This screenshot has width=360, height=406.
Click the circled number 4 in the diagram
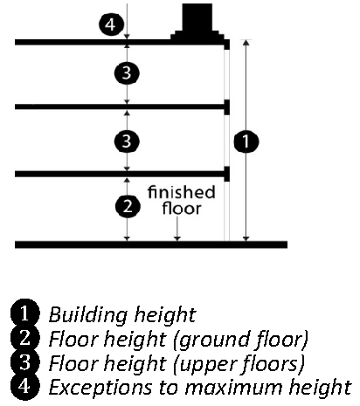[111, 24]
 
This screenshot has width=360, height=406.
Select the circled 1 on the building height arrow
[246, 141]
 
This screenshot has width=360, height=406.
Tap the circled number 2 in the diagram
[128, 206]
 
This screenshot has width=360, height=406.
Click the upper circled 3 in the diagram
[127, 72]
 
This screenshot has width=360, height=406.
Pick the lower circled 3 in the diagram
[127, 141]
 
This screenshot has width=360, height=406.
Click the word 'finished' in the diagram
[182, 192]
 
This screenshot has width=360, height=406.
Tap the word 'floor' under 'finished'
[182, 209]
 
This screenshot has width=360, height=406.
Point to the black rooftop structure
[197, 23]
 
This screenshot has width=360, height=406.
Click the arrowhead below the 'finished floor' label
[177, 238]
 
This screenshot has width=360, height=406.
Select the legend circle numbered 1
[24, 313]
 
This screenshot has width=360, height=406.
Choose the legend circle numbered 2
[24, 338]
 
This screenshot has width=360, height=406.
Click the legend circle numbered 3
[24, 362]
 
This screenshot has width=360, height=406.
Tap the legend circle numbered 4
[24, 387]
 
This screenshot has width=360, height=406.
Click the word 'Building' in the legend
[88, 315]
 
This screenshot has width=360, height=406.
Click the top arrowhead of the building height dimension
[246, 43]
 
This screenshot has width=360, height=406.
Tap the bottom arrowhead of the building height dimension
[246, 238]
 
